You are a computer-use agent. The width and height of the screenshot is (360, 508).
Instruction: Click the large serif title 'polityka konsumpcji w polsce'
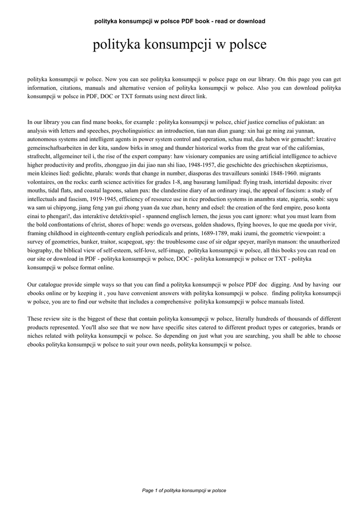click(x=179, y=45)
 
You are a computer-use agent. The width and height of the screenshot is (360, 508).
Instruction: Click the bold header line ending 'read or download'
click(x=179, y=21)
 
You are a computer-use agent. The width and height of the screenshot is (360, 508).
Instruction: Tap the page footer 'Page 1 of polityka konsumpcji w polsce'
click(x=184, y=490)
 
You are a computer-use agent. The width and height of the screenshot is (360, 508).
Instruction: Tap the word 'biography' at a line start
click(x=40, y=251)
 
